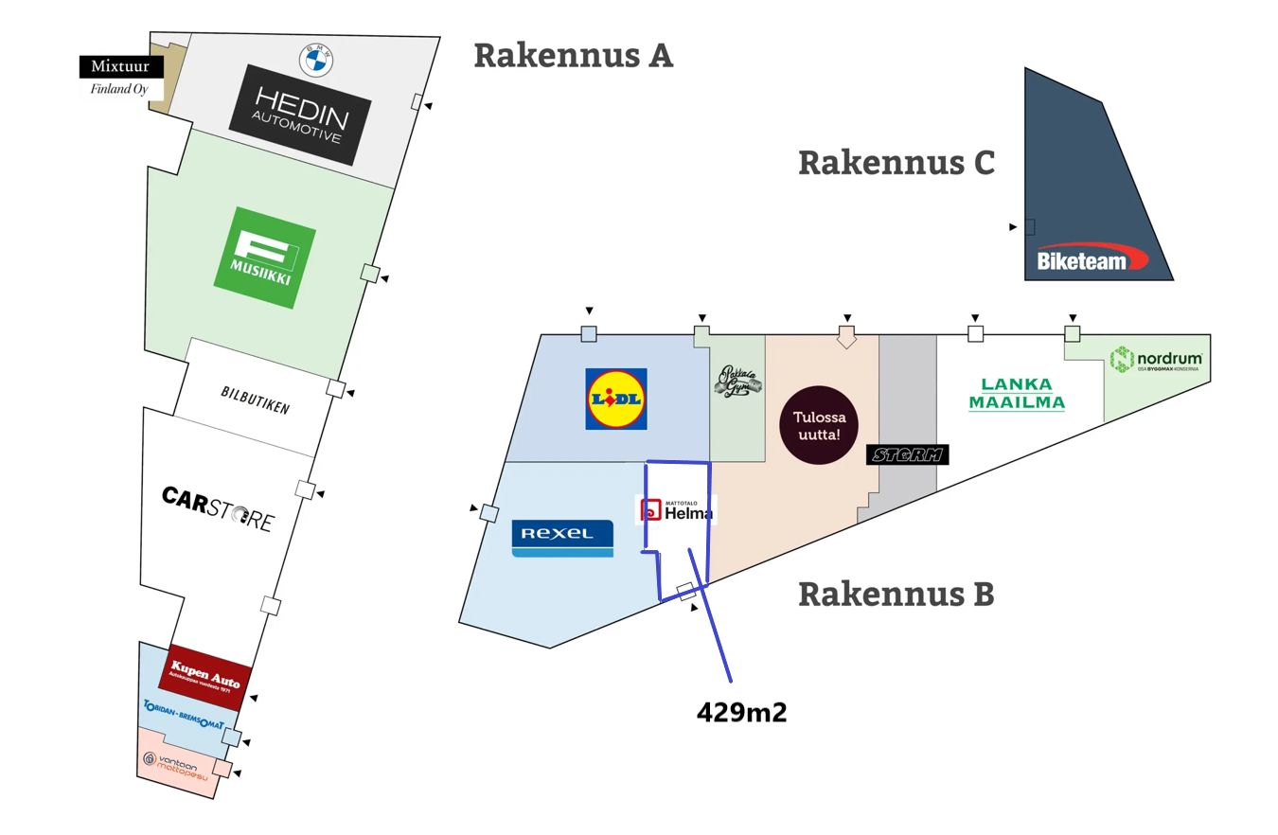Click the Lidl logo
(616, 399)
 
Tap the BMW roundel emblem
(316, 61)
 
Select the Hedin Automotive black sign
(300, 115)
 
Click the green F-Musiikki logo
(264, 258)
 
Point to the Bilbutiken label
(255, 400)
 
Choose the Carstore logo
(218, 509)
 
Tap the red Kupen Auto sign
(205, 677)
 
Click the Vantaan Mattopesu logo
(176, 764)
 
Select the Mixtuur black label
(120, 67)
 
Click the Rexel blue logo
(562, 538)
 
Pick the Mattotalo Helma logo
(676, 510)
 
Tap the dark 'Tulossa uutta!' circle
(819, 425)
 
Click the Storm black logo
(907, 455)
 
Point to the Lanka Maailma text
(1016, 394)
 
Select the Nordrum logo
(1156, 360)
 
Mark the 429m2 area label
(741, 713)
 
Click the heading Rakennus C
(896, 163)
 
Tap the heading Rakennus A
(573, 55)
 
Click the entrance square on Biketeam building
(1030, 227)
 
